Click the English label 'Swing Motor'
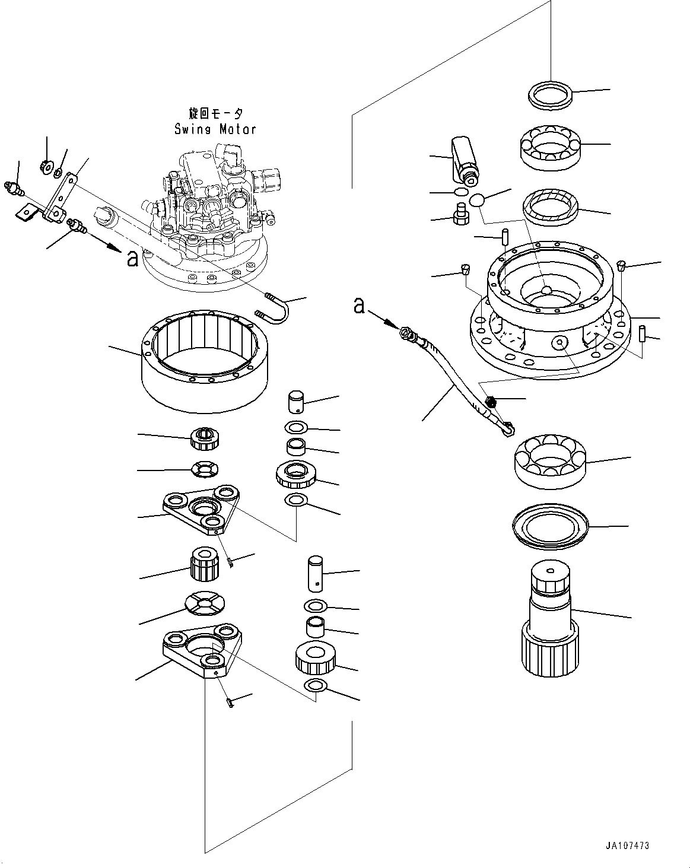pos(215,129)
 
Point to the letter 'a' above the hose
pos(358,305)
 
